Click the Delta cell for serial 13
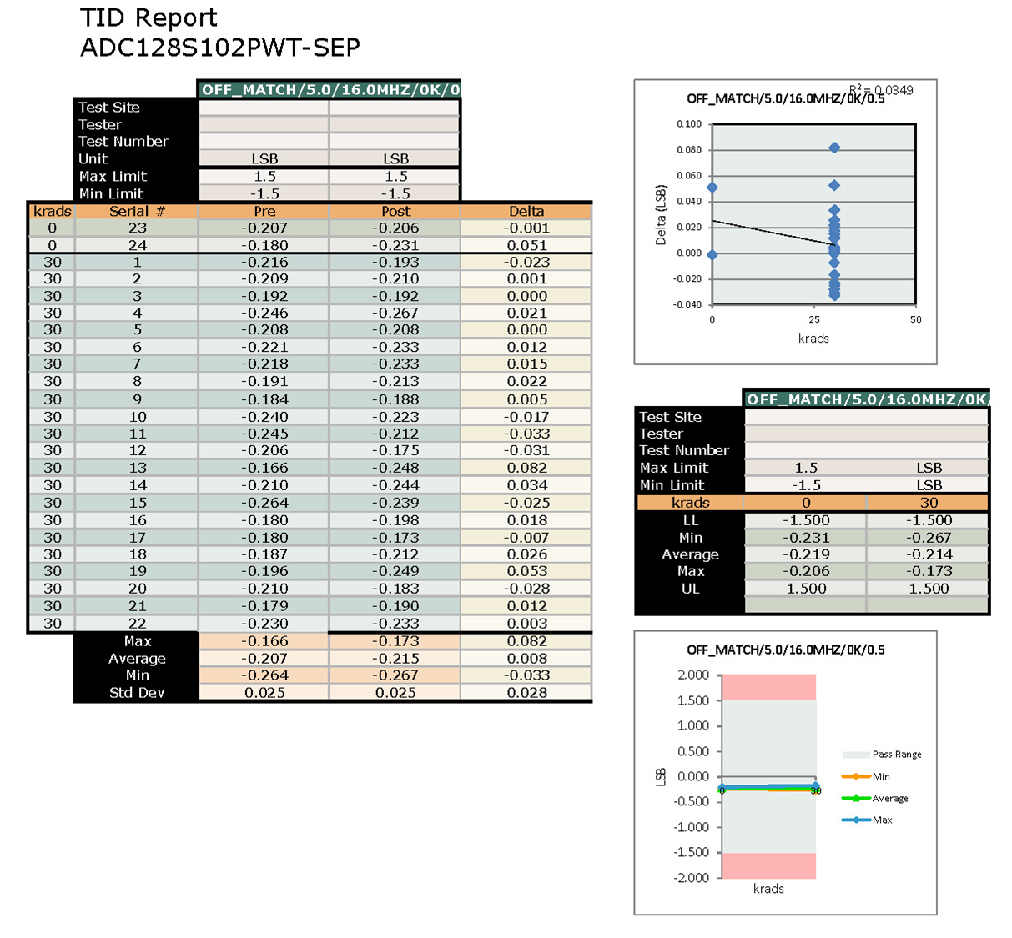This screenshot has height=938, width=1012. [x=526, y=468]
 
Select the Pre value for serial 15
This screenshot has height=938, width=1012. [x=264, y=503]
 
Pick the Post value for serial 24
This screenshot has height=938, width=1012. [x=395, y=245]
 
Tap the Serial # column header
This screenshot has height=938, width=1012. [x=137, y=211]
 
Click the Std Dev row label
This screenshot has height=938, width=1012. [x=137, y=692]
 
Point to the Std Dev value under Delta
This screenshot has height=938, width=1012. [x=526, y=692]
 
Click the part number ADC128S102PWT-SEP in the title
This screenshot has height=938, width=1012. [x=220, y=48]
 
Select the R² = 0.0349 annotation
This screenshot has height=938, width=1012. [x=881, y=90]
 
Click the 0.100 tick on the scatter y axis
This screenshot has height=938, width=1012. [x=689, y=124]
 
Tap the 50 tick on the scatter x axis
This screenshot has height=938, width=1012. [x=915, y=319]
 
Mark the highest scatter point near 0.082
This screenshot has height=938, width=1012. [x=834, y=148]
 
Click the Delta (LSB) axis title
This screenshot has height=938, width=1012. [x=661, y=215]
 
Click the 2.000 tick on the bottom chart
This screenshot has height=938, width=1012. [x=692, y=675]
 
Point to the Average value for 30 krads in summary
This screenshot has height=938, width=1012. [x=929, y=554]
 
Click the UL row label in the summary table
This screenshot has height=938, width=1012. [x=690, y=589]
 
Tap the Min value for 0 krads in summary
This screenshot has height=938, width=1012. [x=806, y=538]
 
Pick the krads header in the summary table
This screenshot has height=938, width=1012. [x=690, y=503]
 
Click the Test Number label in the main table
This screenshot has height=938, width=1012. [x=123, y=142]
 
